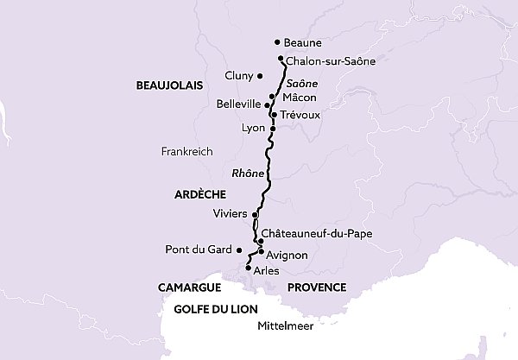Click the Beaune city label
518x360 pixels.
(x=302, y=42)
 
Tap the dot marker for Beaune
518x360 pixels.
(x=276, y=41)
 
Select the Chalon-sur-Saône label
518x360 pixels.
(x=330, y=61)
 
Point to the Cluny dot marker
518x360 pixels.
(x=259, y=76)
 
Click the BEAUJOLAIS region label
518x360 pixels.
(x=168, y=85)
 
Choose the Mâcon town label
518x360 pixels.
(x=299, y=98)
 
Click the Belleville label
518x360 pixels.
(x=239, y=104)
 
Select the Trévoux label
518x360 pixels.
(x=301, y=114)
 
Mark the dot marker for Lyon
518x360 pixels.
(x=273, y=129)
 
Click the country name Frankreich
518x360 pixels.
(x=186, y=151)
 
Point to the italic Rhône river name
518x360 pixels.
(x=248, y=173)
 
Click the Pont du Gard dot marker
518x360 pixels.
(x=239, y=249)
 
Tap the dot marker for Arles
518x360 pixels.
(x=249, y=268)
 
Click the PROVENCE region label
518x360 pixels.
(x=317, y=287)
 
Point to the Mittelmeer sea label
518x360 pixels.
(x=286, y=327)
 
